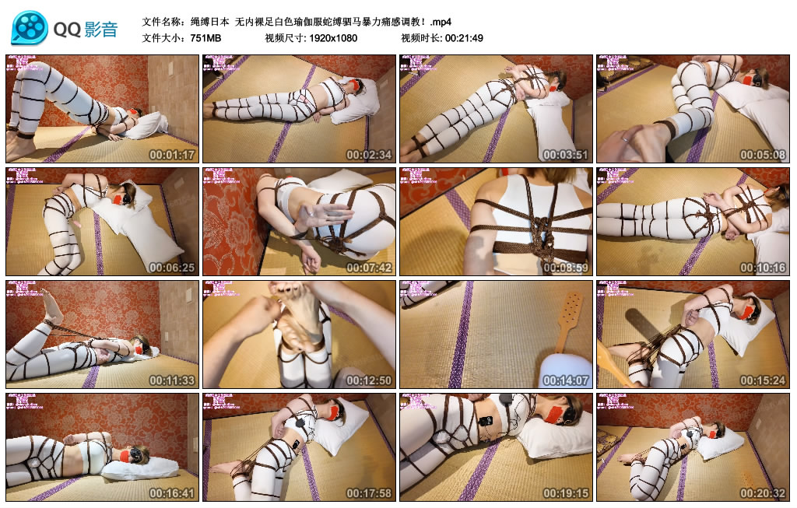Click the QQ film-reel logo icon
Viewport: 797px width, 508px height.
[30, 29]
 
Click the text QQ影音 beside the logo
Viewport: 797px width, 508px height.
[86, 30]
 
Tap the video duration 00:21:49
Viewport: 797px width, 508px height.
[465, 37]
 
